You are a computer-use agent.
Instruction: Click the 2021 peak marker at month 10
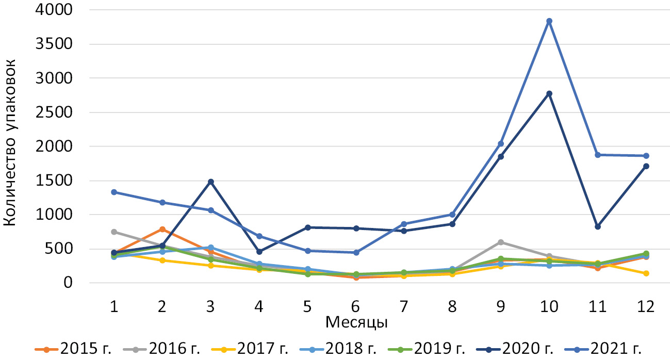(x=549, y=21)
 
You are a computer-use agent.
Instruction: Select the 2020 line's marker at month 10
(x=549, y=93)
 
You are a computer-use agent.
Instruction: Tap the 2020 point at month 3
(x=211, y=182)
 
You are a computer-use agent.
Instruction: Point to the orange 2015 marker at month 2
(x=162, y=229)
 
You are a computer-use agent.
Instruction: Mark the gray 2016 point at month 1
(x=113, y=232)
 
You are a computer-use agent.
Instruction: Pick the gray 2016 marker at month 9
(x=501, y=242)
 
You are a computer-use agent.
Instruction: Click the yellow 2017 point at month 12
(x=646, y=273)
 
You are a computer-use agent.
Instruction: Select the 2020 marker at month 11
(x=598, y=227)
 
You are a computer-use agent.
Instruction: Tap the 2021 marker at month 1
(x=113, y=192)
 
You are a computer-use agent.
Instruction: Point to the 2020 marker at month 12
(x=646, y=166)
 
